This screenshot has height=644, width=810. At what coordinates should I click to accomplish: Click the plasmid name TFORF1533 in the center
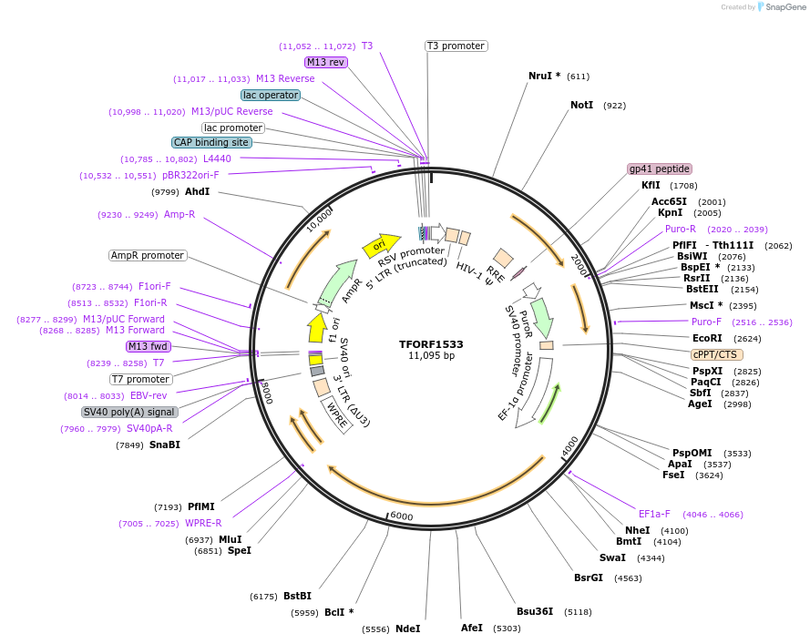pyautogui.click(x=431, y=344)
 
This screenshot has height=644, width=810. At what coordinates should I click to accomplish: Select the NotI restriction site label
pyautogui.click(x=581, y=106)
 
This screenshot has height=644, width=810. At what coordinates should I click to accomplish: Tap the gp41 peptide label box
pyautogui.click(x=660, y=169)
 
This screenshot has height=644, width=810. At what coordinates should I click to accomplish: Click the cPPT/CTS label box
pyautogui.click(x=717, y=354)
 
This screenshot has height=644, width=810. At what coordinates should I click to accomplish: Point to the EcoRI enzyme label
pyautogui.click(x=707, y=338)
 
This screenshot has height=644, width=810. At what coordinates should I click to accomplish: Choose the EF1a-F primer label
pyautogui.click(x=654, y=514)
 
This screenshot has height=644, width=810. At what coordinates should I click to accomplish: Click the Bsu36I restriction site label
pyautogui.click(x=535, y=611)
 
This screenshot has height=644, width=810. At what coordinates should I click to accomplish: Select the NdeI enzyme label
pyautogui.click(x=408, y=629)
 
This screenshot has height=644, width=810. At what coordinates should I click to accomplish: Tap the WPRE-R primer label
pyautogui.click(x=203, y=523)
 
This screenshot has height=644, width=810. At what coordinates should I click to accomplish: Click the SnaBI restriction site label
pyautogui.click(x=165, y=445)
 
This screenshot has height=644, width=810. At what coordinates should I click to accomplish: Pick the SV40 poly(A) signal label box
pyautogui.click(x=128, y=412)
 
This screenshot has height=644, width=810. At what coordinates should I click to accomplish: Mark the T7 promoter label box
pyautogui.click(x=140, y=379)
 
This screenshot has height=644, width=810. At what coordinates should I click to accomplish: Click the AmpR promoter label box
pyautogui.click(x=148, y=255)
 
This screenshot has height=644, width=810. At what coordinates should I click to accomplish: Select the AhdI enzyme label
pyautogui.click(x=198, y=192)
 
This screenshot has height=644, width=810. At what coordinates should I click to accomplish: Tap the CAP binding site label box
pyautogui.click(x=211, y=142)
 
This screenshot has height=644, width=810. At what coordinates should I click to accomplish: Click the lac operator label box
pyautogui.click(x=271, y=95)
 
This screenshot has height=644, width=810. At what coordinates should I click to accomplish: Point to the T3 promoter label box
pyautogui.click(x=456, y=46)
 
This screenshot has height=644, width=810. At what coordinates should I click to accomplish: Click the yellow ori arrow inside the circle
pyautogui.click(x=381, y=244)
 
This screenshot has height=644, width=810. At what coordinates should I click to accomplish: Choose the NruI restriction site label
pyautogui.click(x=544, y=77)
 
